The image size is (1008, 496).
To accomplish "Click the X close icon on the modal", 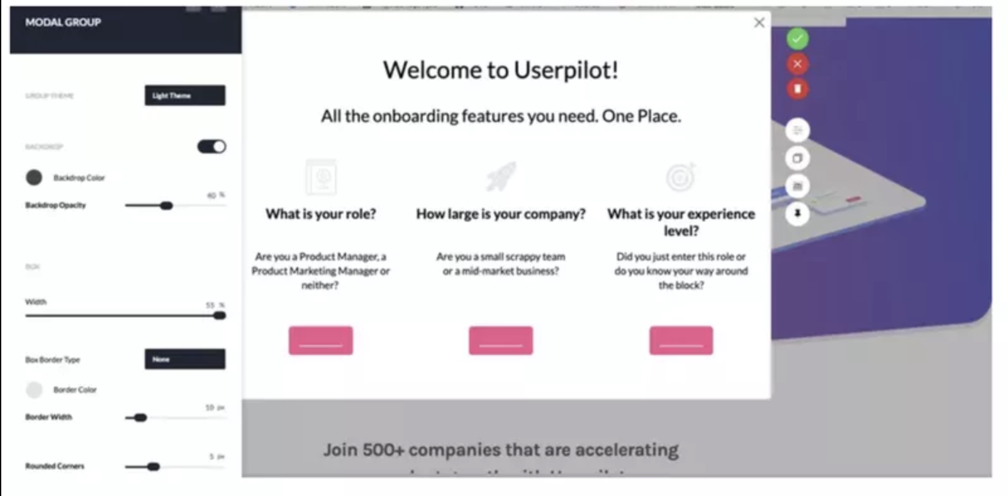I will coord(759,23).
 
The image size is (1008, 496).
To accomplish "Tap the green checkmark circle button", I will coord(797,39).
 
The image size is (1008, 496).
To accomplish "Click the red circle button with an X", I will coord(797,64).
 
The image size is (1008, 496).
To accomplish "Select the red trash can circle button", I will coord(797,89).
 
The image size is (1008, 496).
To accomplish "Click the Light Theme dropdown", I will coord(184,96).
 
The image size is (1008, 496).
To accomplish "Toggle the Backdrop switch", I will coord(211,147).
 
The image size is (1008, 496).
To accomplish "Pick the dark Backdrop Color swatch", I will coord(34,178).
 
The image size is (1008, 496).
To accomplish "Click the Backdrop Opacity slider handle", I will coord(166,206).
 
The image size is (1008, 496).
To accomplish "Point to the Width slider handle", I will coord(220,315).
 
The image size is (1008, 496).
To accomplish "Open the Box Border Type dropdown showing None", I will coord(184,359).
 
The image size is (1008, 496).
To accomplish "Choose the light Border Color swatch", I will coord(34,390).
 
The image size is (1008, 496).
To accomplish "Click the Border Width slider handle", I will coord(141,417).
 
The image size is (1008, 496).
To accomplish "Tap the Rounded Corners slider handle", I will coord(154,466).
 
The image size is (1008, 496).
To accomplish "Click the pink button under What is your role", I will coord(320,341).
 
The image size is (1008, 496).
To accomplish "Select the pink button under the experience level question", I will coord(681,341).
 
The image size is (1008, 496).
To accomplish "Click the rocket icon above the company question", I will coord(501,177).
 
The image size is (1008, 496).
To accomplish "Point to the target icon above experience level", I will coord(681,177).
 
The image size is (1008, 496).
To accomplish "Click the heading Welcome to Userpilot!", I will coord(500,70).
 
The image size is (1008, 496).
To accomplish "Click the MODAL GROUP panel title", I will coord(63,23).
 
